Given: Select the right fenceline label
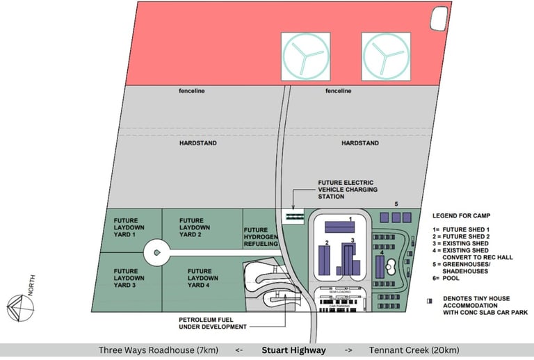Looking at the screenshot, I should (339, 91).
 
